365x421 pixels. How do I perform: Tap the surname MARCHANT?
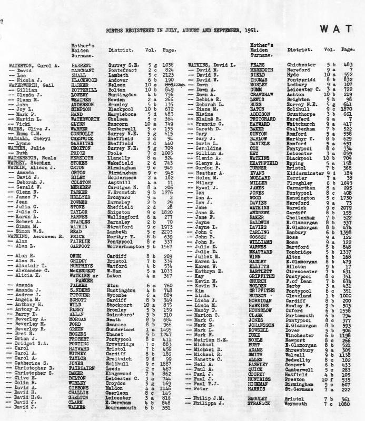coord(84,69)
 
